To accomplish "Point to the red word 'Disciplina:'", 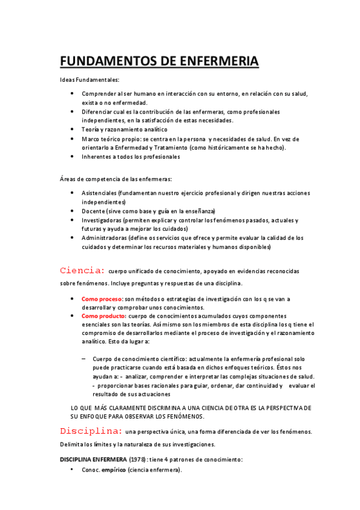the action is [x=91, y=431].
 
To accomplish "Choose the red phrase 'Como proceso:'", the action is [x=102, y=299].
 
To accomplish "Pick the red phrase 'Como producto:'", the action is [x=103, y=316].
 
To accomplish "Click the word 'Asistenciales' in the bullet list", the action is [x=99, y=192].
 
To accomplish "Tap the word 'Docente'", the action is [x=93, y=211].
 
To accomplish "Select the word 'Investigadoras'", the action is [x=103, y=220].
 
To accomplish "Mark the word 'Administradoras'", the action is [x=106, y=238].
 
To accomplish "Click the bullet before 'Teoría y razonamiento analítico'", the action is [x=72, y=129].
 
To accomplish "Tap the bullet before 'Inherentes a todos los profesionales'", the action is [x=72, y=156].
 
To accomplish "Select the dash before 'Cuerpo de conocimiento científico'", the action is [x=83, y=358].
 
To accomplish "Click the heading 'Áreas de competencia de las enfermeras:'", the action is [x=115, y=179].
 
